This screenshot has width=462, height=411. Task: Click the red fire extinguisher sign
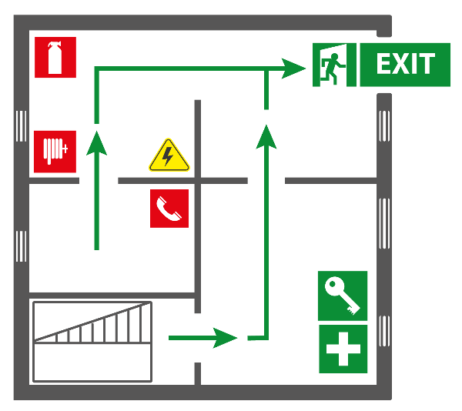[x=55, y=58]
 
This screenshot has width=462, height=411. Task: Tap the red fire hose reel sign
[x=55, y=152]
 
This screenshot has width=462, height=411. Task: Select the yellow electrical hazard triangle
[x=169, y=155]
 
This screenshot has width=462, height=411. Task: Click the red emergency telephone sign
[x=169, y=209]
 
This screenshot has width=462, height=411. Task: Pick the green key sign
[x=343, y=296]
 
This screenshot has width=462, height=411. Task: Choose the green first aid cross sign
[x=343, y=349]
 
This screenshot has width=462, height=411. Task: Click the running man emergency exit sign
[x=334, y=65]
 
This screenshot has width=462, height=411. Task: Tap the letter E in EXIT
[x=384, y=64]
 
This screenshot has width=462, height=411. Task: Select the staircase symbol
[x=92, y=341]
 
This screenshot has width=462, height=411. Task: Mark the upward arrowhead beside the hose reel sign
[x=96, y=143]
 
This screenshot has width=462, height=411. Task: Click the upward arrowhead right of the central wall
[x=266, y=136]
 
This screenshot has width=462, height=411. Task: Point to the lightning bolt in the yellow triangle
[x=168, y=157]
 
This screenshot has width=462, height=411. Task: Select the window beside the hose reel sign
[x=21, y=126]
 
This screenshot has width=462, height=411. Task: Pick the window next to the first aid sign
[x=384, y=331]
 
